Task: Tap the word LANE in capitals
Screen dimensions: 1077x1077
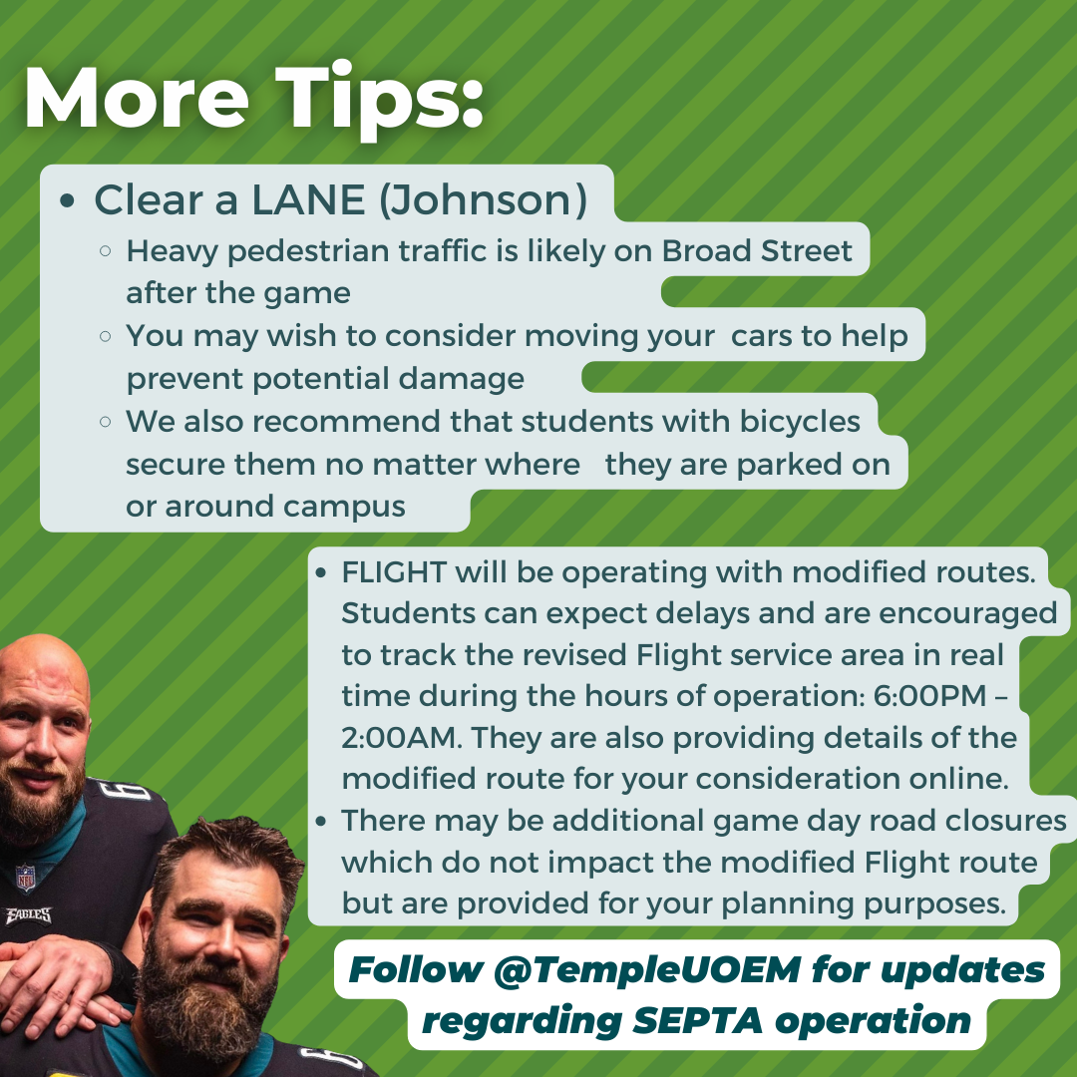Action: coord(308,199)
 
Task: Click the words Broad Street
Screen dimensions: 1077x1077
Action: coord(757,250)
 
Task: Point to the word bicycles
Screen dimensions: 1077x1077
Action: coord(800,422)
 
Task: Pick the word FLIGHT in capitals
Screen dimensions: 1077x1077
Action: coord(394,571)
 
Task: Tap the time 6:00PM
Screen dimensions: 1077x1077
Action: coord(930,696)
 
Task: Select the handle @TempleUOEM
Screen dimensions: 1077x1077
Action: coord(647,970)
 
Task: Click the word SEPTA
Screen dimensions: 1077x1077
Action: coord(697,1020)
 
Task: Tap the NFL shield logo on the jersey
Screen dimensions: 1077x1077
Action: coord(25,878)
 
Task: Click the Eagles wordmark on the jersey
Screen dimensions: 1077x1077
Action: coord(29,915)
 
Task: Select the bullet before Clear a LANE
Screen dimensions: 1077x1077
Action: coord(67,201)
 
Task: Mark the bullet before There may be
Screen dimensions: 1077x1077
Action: coord(321,821)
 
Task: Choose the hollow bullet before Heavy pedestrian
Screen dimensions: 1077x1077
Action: coord(105,251)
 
